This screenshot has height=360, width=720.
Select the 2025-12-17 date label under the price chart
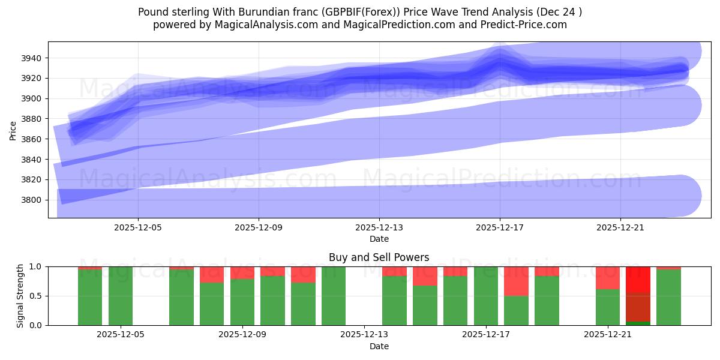tap(500, 228)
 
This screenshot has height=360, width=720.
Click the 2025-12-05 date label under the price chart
tap(139, 228)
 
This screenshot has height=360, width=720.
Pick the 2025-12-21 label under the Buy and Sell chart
tap(608, 335)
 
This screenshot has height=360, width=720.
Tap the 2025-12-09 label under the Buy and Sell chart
tap(242, 335)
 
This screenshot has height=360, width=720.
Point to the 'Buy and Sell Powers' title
tap(379, 257)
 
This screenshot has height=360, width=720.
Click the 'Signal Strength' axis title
tap(20, 296)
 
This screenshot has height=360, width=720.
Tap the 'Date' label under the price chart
tap(379, 239)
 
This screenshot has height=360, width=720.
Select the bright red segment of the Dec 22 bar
tap(638, 280)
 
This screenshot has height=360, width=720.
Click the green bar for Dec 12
tap(334, 296)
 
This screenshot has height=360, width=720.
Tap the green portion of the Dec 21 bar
tap(608, 307)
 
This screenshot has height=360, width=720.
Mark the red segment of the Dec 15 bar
tap(425, 276)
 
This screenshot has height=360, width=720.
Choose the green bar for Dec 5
tap(121, 296)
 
